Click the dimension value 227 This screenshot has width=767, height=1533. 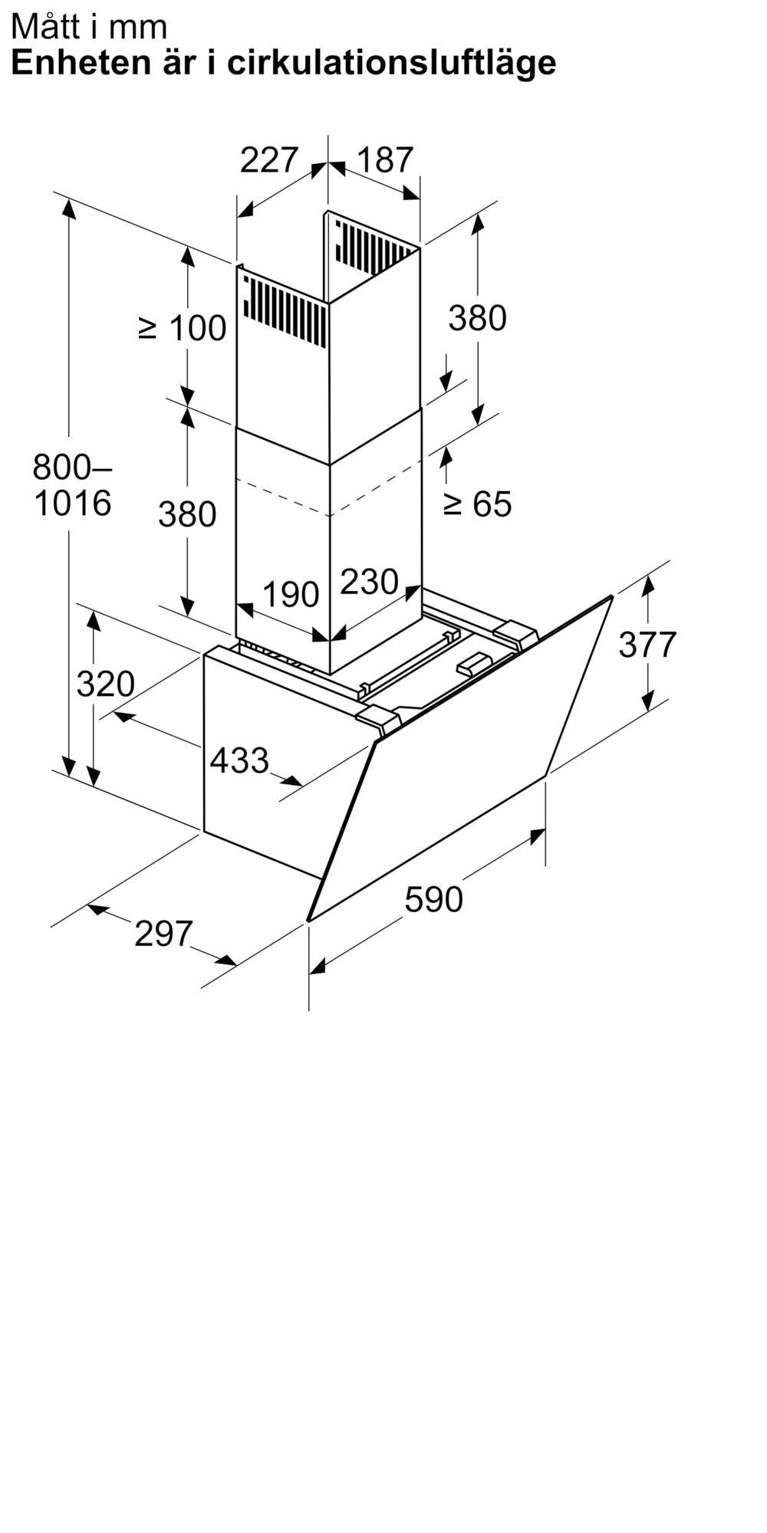[268, 160]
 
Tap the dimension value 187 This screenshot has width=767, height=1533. [385, 160]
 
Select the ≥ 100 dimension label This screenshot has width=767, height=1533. [183, 328]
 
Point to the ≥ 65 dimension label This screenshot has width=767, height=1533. [477, 504]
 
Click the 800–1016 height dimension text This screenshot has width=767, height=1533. [73, 484]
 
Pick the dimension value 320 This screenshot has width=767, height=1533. [105, 683]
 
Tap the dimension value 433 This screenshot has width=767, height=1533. [239, 760]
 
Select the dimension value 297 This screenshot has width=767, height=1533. [163, 934]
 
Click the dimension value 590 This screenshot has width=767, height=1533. [434, 899]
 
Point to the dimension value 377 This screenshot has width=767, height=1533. [647, 644]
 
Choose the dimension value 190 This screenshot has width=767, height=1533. [291, 594]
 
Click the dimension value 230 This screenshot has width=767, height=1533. [369, 582]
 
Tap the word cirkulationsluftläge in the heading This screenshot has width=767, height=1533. [392, 63]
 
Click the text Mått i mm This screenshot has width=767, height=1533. [89, 27]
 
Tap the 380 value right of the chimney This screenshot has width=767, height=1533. [477, 317]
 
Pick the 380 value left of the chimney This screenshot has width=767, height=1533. [187, 514]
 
